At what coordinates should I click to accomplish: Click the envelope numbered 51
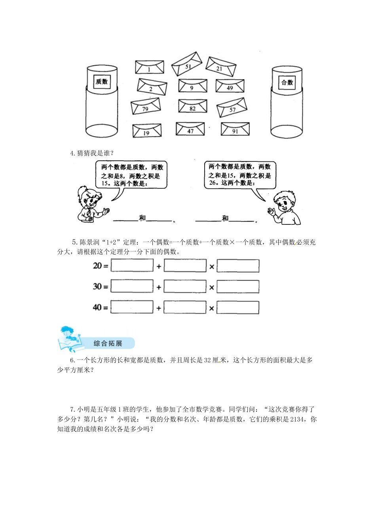[x=187, y=64]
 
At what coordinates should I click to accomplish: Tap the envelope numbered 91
[x=235, y=129]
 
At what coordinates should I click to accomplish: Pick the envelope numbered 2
[x=152, y=87]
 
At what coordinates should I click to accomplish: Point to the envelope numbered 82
[x=193, y=106]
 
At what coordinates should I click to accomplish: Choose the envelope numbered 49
[x=230, y=86]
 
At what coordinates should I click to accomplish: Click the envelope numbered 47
[x=190, y=129]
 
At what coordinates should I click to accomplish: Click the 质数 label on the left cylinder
[x=102, y=82]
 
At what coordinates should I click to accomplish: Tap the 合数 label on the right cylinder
[x=287, y=82]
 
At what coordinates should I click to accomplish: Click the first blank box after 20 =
[x=132, y=266]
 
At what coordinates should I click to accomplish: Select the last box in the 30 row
[x=238, y=287]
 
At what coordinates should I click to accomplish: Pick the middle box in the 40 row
[x=185, y=308]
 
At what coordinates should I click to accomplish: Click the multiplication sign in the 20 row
[x=212, y=267]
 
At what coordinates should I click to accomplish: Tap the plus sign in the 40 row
[x=159, y=308]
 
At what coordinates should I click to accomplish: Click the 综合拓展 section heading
[x=108, y=343]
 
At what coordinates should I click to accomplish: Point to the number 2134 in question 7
[x=297, y=419]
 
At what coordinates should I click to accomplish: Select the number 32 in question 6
[x=207, y=360]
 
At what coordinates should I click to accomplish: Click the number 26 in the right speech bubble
[x=213, y=183]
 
